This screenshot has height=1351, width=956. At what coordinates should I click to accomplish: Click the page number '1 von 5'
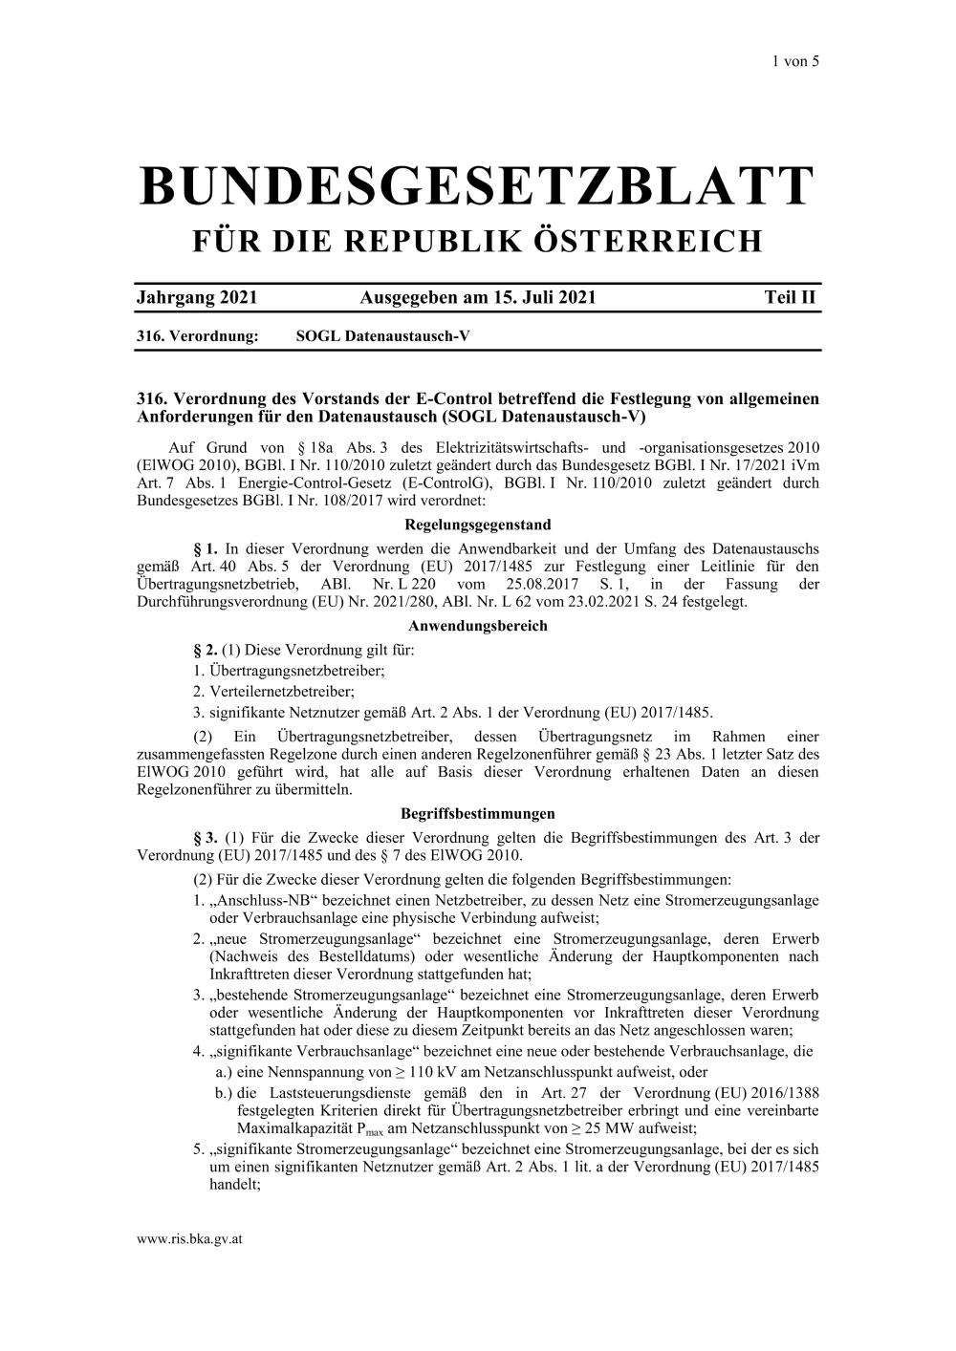click(796, 61)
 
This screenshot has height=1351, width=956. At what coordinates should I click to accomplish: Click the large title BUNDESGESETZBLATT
click(478, 186)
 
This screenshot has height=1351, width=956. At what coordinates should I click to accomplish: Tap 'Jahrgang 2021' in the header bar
click(197, 297)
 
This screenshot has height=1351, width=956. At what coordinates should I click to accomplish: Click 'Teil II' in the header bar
click(791, 297)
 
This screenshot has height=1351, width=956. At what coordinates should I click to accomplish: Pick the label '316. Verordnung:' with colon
click(199, 336)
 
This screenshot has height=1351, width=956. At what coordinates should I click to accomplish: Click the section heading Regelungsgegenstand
click(478, 525)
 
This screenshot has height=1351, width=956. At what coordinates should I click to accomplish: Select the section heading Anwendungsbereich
click(478, 626)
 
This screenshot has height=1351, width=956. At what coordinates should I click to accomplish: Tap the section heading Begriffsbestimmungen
click(478, 814)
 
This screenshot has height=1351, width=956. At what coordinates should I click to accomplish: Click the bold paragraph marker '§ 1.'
click(206, 549)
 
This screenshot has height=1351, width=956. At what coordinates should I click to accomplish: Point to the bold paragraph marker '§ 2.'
click(206, 651)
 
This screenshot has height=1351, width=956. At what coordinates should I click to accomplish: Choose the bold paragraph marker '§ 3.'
click(206, 838)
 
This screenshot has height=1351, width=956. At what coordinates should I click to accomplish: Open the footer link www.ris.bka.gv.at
click(189, 1238)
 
